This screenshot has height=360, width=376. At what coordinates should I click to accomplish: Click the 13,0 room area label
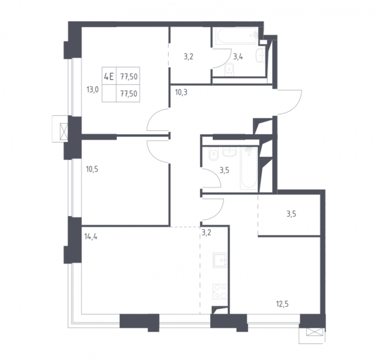(x=92, y=90)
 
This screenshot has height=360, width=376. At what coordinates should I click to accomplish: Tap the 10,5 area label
(x=92, y=169)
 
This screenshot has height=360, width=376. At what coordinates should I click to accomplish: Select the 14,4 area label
(x=91, y=237)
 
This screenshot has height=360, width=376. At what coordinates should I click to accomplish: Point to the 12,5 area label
(x=282, y=304)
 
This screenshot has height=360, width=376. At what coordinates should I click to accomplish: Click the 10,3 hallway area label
(x=181, y=92)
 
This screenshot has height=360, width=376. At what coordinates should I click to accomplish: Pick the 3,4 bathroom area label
(x=238, y=57)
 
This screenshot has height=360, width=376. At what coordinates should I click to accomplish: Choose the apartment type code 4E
(x=109, y=77)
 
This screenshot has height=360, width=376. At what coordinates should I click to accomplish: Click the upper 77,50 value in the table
(x=129, y=77)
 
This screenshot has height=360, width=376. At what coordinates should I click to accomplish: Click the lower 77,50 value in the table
(x=129, y=94)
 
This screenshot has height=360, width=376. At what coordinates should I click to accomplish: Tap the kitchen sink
(x=220, y=260)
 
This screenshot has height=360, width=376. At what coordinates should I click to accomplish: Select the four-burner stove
(x=220, y=292)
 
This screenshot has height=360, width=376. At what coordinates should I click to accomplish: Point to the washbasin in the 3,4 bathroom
(x=260, y=55)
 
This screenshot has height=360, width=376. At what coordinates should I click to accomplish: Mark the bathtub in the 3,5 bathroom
(x=249, y=169)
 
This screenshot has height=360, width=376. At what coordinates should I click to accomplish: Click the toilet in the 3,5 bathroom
(x=213, y=154)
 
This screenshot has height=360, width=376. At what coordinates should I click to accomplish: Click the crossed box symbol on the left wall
(x=64, y=132)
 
